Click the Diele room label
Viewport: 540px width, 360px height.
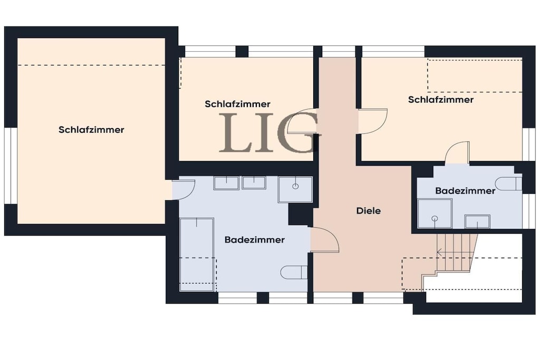[369, 211]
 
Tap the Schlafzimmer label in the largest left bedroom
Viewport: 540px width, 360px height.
[91, 130]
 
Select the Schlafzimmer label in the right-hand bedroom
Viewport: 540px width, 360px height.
[441, 100]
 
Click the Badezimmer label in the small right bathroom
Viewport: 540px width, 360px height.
[465, 191]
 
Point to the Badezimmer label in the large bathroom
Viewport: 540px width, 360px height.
[255, 239]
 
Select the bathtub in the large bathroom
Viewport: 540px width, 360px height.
[197, 255]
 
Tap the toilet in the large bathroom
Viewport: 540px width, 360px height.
[294, 272]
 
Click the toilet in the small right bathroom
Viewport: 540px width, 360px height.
[510, 184]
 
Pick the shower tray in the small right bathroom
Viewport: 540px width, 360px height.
[435, 213]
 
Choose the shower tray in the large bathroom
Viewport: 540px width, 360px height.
[295, 189]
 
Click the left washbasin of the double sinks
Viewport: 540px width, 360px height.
[226, 183]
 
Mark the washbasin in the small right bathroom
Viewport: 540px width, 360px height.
[477, 222]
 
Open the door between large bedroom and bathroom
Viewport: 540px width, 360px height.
[183, 190]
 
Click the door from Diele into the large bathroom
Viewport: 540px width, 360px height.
[325, 240]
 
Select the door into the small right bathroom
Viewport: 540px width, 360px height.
[457, 152]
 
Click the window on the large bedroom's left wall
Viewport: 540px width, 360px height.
[11, 166]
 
